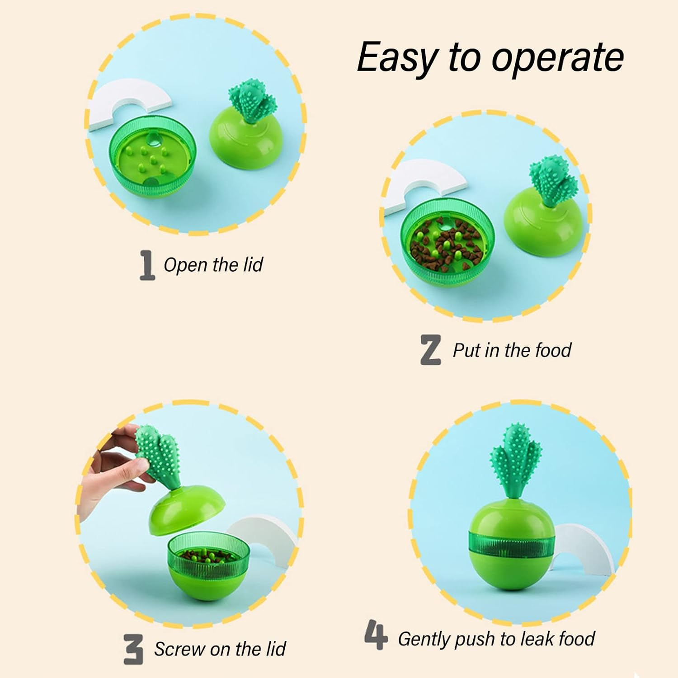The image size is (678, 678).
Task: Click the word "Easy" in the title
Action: point(396,58)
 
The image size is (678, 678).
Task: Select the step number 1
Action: point(146,266)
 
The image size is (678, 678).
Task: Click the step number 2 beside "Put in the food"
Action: point(431,350)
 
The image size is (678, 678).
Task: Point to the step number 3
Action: point(134,649)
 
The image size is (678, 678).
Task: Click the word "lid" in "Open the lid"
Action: point(253,265)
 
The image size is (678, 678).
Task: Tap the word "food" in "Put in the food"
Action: point(553,350)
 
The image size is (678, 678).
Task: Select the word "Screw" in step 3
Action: point(179,649)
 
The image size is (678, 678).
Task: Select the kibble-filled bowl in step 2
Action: point(447,246)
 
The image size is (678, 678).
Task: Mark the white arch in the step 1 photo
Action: point(129,102)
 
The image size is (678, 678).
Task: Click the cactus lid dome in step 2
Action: point(545,221)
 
